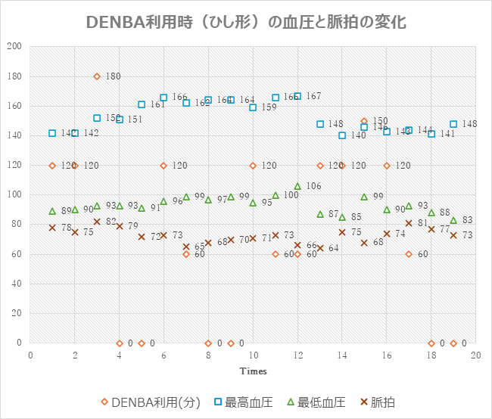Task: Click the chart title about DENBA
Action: [246, 21]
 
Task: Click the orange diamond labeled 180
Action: [97, 76]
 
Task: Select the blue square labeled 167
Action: [297, 96]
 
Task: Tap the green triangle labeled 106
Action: [297, 186]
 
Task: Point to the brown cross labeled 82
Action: [97, 222]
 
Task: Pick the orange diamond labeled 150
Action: [364, 121]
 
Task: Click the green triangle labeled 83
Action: [453, 220]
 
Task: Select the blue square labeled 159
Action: [253, 107]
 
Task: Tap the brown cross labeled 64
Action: [319, 248]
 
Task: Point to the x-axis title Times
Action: [254, 371]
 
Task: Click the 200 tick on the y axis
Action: [14, 46]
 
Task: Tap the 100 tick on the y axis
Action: [14, 195]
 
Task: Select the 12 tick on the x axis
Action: [297, 354]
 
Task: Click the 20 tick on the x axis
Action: [475, 354]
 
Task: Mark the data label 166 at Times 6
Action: [179, 98]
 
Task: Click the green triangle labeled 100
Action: [276, 195]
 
